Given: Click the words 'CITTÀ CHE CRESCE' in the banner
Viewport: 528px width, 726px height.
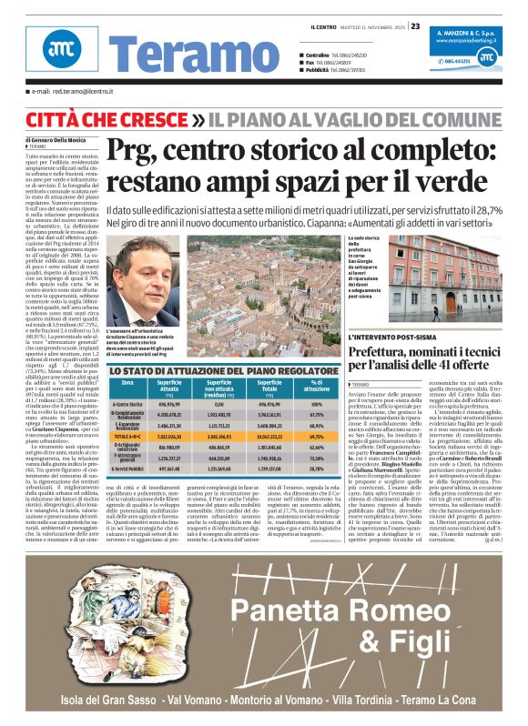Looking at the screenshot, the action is tap(99, 117).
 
